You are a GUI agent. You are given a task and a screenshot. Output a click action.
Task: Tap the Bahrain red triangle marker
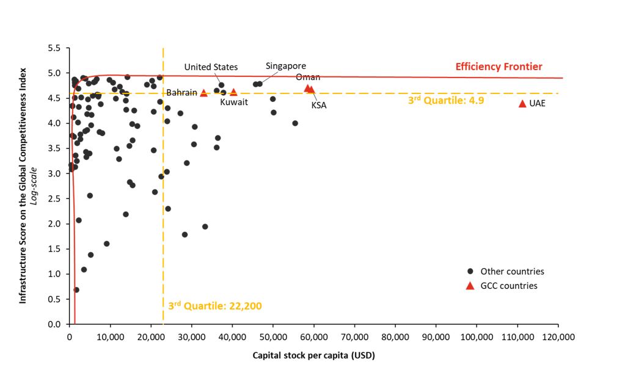(x=203, y=93)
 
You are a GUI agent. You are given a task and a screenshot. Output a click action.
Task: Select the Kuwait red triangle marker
(x=233, y=92)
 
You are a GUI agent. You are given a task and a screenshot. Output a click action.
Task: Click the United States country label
(x=211, y=67)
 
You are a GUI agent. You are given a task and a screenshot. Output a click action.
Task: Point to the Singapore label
(x=286, y=66)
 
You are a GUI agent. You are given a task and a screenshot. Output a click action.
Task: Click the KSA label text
(x=319, y=106)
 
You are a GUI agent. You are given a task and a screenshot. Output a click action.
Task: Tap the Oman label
(x=308, y=77)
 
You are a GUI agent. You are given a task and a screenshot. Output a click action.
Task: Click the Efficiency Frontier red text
(x=498, y=67)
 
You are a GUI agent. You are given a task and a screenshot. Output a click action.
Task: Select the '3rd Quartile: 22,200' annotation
(x=215, y=305)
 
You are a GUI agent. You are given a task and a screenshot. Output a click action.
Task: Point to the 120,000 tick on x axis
(x=558, y=336)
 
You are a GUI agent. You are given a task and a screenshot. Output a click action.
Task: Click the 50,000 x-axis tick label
(x=272, y=336)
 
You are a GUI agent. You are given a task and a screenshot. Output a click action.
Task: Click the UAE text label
(x=538, y=104)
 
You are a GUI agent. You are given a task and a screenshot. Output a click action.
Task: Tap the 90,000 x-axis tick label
(x=436, y=336)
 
